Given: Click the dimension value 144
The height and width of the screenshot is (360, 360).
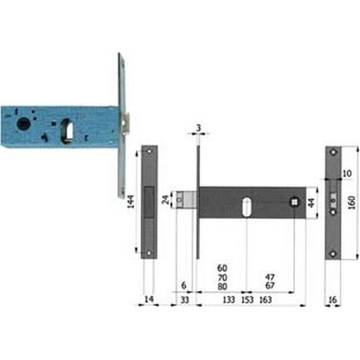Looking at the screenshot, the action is [131, 201].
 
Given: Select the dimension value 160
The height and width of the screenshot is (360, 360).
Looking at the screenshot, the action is [352, 203].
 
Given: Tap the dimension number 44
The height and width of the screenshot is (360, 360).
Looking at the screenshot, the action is [312, 203].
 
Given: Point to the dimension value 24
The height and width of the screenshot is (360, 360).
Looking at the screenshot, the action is [165, 200].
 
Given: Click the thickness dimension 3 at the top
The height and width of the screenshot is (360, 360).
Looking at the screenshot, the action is [198, 128].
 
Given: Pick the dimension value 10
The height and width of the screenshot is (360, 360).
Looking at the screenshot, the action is [347, 174].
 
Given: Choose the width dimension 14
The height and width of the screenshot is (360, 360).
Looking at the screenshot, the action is [149, 299].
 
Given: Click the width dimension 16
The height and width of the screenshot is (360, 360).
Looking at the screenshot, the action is [332, 299].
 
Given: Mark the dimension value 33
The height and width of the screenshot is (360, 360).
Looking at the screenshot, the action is [185, 299].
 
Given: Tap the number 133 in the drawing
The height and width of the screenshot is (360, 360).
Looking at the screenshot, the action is [228, 299].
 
